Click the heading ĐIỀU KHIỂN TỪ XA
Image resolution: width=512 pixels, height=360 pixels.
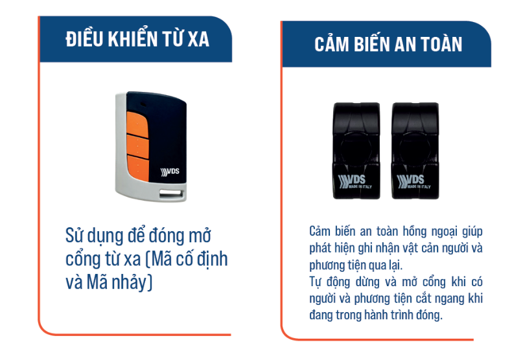point(137,39)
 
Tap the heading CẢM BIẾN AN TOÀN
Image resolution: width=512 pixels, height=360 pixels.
point(388,44)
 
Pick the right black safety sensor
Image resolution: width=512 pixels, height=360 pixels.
point(416,150)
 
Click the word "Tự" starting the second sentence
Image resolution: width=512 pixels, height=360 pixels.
point(316,282)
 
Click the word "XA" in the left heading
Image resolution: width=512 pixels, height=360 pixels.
point(198,39)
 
